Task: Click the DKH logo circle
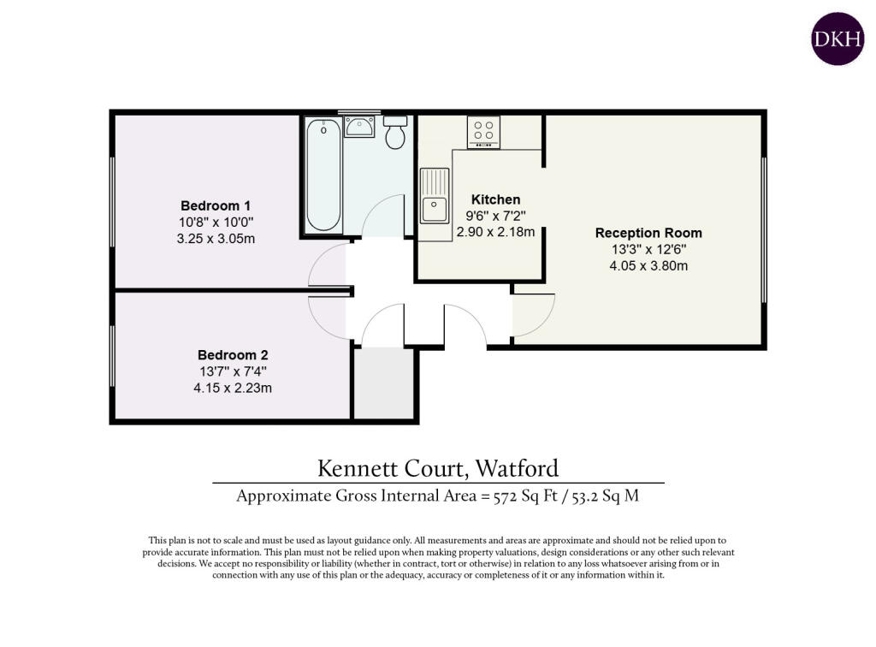click(838, 39)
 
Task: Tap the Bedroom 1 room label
click(216, 205)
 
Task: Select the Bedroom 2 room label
click(233, 355)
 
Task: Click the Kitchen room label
click(495, 199)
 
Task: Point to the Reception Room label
click(648, 233)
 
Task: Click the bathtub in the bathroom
click(323, 175)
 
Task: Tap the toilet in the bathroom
click(395, 132)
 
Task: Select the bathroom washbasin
click(359, 127)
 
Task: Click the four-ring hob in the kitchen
click(483, 132)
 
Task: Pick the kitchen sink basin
click(435, 210)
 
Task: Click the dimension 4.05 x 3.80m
click(648, 265)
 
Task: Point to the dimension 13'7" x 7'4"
click(233, 371)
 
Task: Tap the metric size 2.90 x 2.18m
click(495, 231)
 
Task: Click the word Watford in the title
click(517, 468)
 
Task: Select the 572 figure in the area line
click(505, 496)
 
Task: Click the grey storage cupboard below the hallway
click(384, 383)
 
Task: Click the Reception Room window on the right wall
click(764, 229)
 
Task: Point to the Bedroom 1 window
click(112, 201)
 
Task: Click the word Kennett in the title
click(358, 468)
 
